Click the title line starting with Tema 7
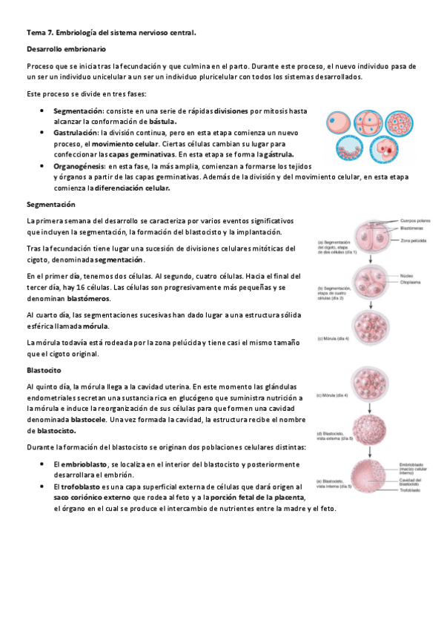(x=111, y=33)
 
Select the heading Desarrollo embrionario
(x=67, y=49)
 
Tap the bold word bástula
(x=162, y=121)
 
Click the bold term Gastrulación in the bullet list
(x=77, y=132)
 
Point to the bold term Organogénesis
(x=81, y=167)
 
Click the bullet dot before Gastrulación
(x=43, y=132)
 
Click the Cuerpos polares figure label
(x=416, y=222)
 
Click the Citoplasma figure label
(x=412, y=281)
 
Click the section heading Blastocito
(x=44, y=369)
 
